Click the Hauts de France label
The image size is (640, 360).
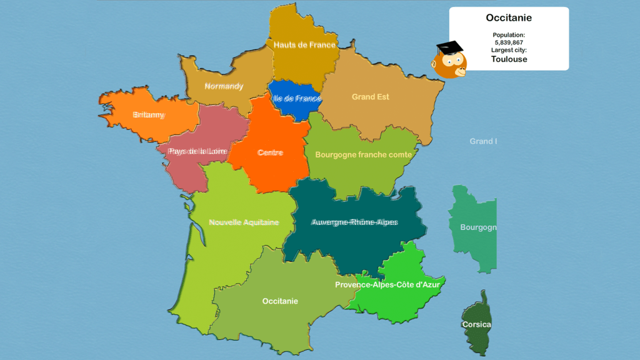coord(304,45)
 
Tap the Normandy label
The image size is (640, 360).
coord(224,86)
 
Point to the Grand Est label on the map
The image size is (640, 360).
coord(370,97)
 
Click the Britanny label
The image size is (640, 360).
coord(149,115)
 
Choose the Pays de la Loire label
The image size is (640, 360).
coord(197,151)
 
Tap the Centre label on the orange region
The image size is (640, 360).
coord(270,152)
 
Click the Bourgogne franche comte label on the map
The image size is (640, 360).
coord(363,154)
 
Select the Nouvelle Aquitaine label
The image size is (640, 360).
coord(244,222)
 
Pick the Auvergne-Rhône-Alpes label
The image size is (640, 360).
coord(354,222)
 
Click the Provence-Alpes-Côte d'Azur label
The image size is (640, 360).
coord(387,284)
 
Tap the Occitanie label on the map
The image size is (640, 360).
coord(280,301)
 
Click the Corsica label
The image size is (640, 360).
coord(476,325)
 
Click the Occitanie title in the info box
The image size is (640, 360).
coord(509,18)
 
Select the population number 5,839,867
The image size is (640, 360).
coord(509,42)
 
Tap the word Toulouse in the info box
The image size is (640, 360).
coord(509,59)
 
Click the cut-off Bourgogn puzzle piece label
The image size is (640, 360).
coord(478,227)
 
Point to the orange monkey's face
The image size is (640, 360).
coord(451,65)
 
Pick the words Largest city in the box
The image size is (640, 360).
coord(509,50)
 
